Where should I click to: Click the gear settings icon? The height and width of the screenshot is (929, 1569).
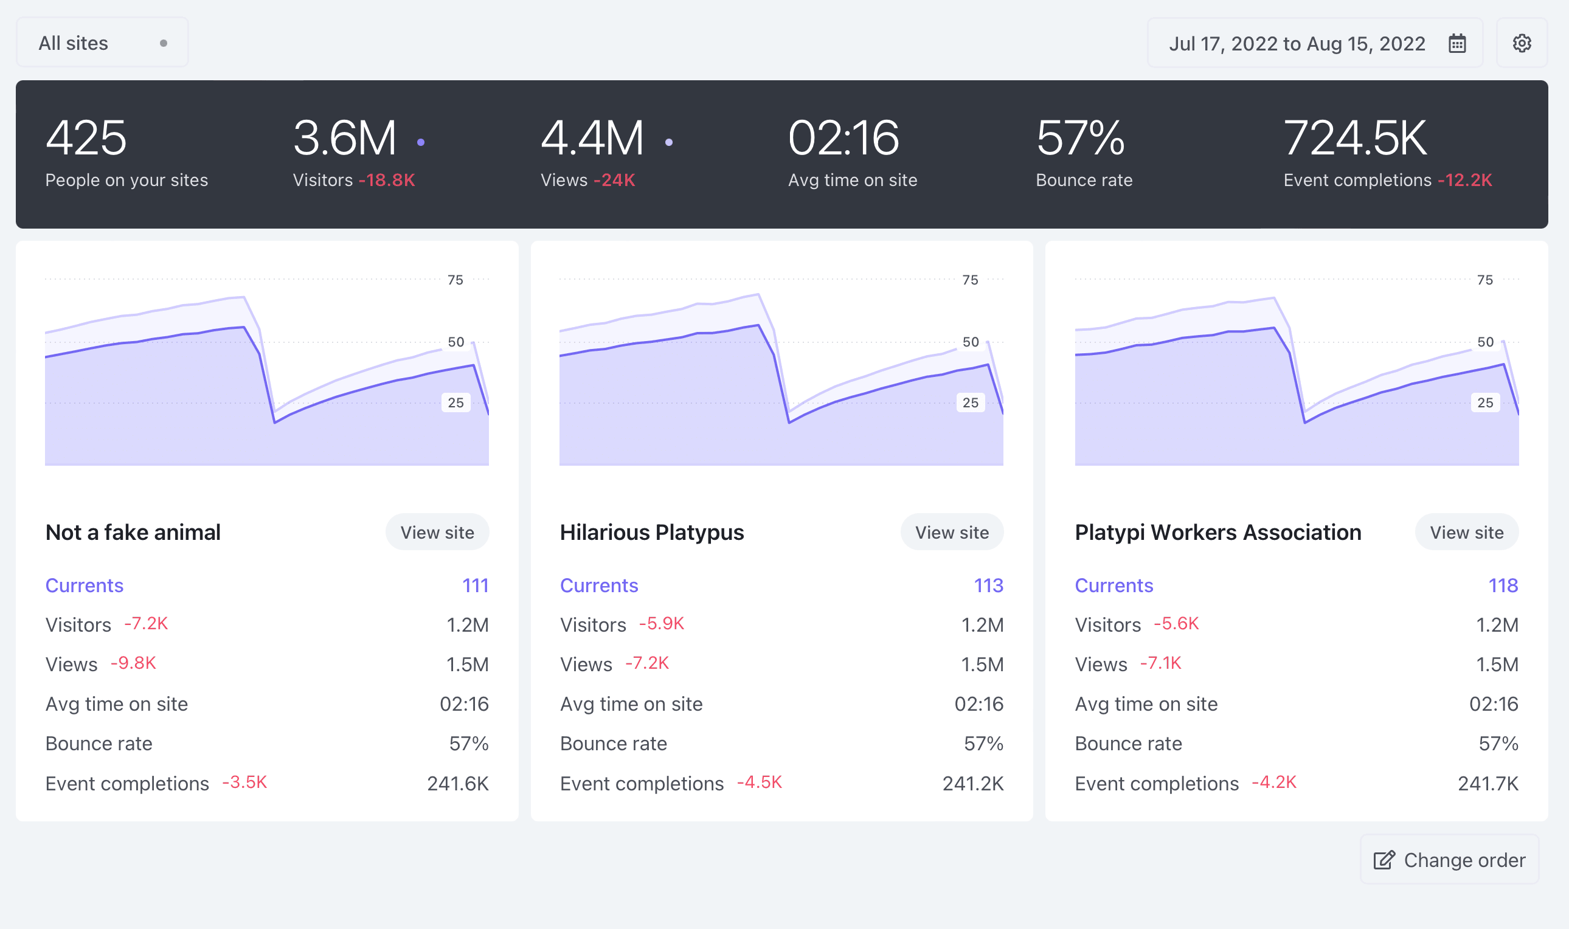(1522, 43)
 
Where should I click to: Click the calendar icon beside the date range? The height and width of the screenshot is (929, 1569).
(1457, 43)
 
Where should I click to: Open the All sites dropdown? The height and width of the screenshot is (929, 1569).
(102, 43)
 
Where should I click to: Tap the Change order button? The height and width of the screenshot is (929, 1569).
(1449, 860)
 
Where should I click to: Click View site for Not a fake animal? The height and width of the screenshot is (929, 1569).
(437, 532)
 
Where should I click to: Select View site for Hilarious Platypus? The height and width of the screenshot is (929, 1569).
(952, 532)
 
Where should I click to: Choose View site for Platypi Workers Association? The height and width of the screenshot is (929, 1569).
(1466, 532)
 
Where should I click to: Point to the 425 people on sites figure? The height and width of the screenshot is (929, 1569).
(86, 138)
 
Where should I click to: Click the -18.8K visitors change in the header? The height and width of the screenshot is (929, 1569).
(387, 181)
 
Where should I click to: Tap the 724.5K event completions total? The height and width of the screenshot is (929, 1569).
(1355, 138)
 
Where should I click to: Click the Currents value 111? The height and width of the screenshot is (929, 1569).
(475, 585)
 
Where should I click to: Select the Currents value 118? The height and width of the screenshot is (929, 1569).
(1503, 585)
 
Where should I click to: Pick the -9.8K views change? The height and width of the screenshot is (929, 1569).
(133, 663)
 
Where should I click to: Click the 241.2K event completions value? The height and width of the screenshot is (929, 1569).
(973, 783)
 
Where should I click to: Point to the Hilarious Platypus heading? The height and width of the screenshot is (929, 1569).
(652, 532)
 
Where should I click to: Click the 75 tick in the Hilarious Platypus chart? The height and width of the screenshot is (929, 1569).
(971, 280)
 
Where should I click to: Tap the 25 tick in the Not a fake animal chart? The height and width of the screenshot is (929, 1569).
(455, 402)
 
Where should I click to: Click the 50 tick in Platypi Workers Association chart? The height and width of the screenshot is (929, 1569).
(1485, 342)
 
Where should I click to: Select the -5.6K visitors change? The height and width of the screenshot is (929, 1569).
(1176, 624)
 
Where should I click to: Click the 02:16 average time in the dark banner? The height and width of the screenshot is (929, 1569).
(843, 138)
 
